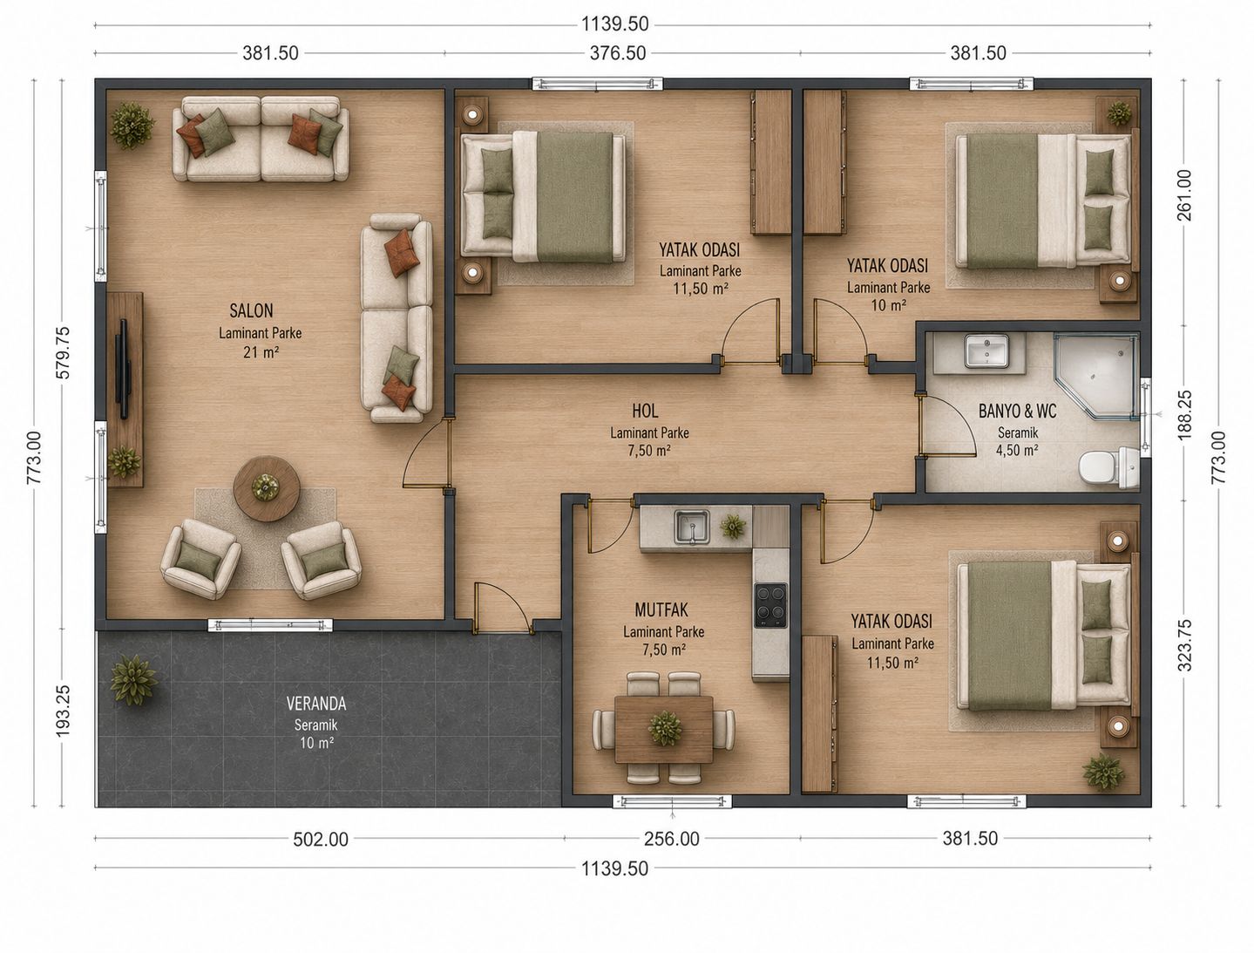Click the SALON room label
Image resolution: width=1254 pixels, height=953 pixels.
point(251,310)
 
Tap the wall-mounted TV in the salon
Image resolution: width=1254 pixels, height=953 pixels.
point(123,369)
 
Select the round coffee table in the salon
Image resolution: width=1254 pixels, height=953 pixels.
point(267,488)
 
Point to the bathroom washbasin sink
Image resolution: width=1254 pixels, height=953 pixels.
point(986,351)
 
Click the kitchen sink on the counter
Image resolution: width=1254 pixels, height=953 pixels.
point(692,527)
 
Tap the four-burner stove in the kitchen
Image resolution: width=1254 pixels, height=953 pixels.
point(770,605)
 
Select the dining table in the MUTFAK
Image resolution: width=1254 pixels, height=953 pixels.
point(663,728)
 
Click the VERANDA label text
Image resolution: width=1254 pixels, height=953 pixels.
point(316,704)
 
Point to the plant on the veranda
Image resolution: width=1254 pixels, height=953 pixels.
point(133,680)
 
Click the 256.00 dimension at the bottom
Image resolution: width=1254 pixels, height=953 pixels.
point(671,840)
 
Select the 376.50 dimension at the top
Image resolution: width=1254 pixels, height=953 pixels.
point(618,53)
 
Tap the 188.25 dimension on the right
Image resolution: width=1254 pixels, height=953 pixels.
point(1184,415)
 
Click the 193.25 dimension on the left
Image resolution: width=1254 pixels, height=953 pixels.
point(63,711)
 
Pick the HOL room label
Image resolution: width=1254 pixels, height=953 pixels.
point(645,411)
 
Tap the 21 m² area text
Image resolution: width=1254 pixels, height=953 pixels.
point(261,352)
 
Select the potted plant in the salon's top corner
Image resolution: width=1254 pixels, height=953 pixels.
point(132,126)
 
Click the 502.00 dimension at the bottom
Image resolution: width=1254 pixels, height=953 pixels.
point(321,840)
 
